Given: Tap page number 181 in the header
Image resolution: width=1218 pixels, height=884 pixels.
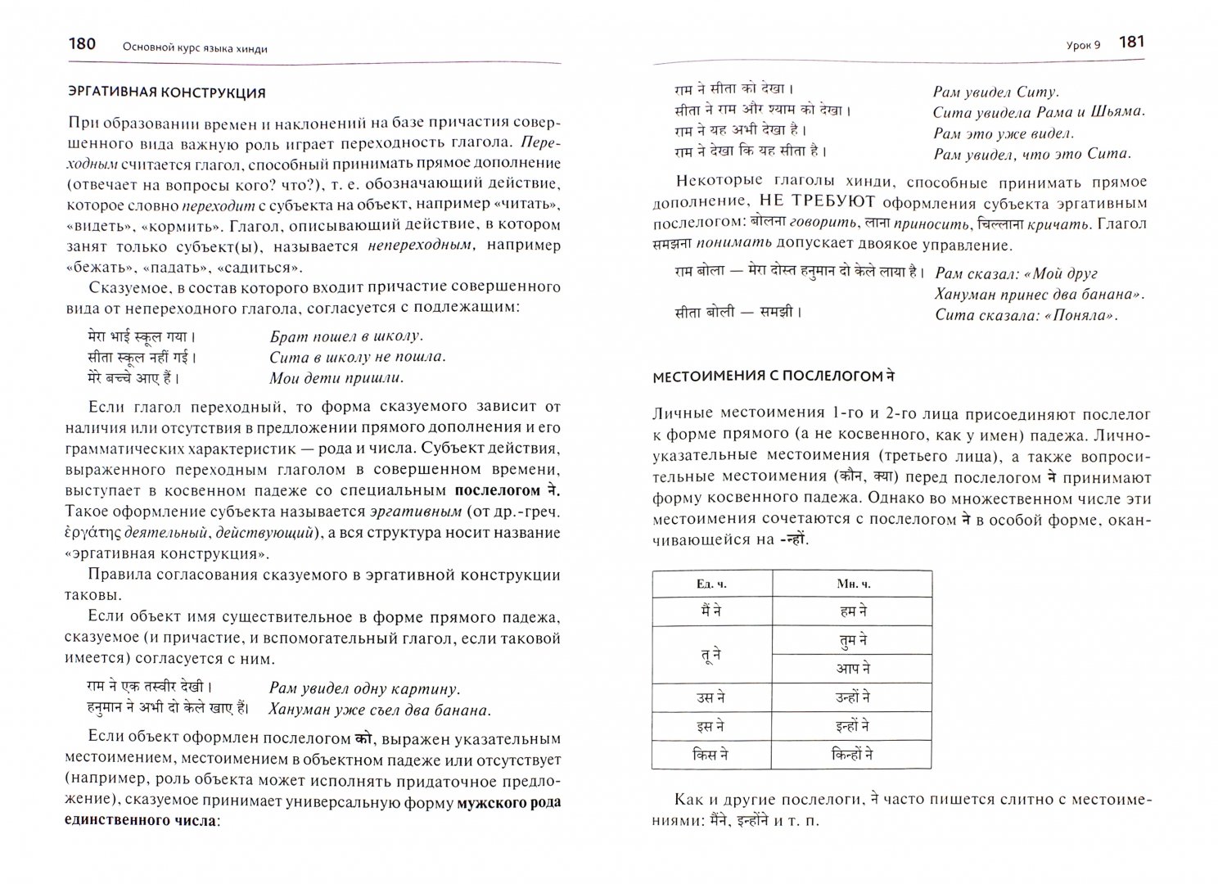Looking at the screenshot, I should click(x=1130, y=43).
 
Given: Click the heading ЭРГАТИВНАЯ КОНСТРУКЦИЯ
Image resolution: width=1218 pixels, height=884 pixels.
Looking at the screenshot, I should click(x=166, y=92).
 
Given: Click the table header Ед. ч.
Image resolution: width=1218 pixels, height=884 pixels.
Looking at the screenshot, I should click(x=711, y=584).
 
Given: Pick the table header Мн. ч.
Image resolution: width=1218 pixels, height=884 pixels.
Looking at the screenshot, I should click(x=852, y=584).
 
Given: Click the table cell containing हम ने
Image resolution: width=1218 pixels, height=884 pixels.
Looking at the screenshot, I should click(x=852, y=611).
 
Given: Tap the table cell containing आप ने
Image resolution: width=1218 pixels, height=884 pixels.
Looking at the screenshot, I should click(x=852, y=668).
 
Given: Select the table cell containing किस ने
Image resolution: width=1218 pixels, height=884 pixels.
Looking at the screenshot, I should click(x=711, y=755).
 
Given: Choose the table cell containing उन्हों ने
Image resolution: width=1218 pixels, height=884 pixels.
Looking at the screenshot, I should click(x=852, y=697).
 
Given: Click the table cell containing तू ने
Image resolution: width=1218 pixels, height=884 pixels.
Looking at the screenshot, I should click(x=711, y=654).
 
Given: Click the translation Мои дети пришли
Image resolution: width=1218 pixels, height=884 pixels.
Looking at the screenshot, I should click(x=336, y=378).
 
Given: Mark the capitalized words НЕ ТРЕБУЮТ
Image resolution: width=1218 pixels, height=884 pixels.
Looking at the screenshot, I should click(x=816, y=202).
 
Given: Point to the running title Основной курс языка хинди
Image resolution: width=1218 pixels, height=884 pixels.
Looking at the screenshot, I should click(x=195, y=48).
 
